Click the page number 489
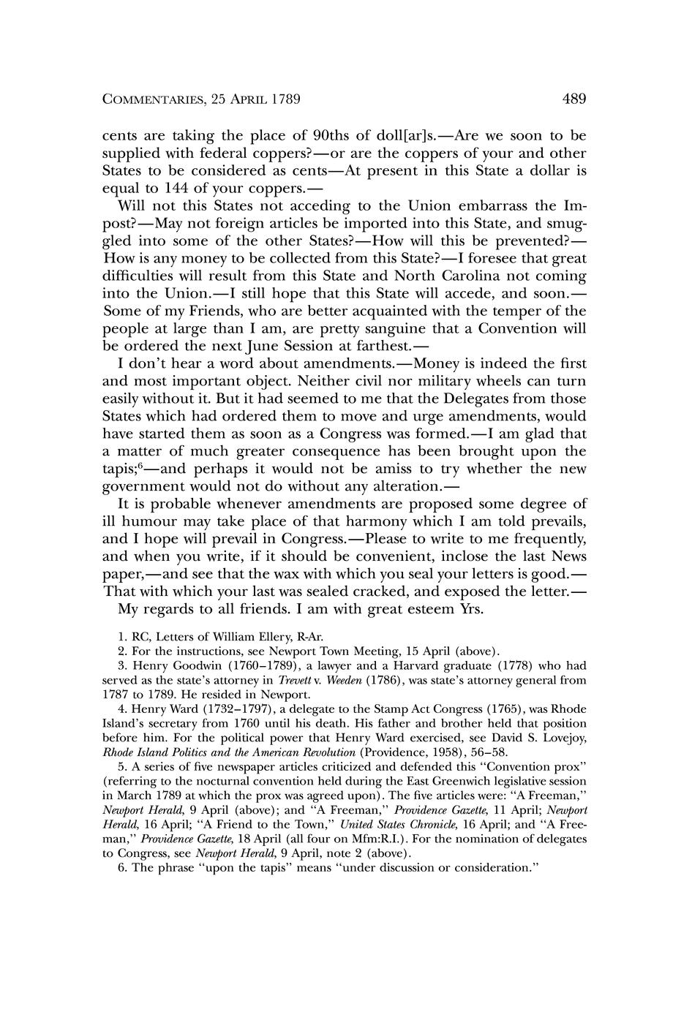pyautogui.click(x=574, y=99)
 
